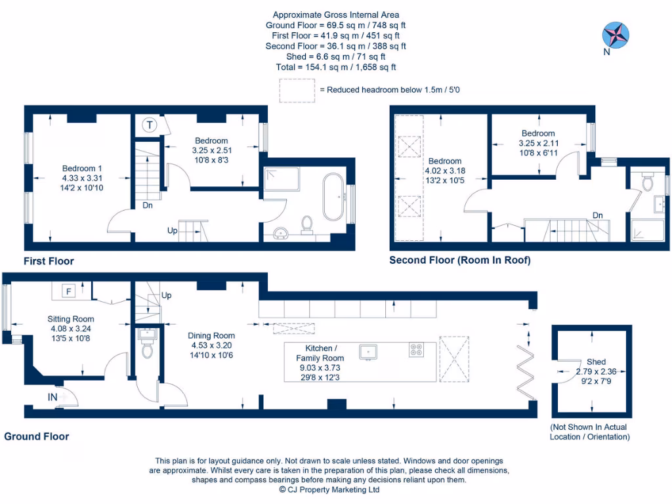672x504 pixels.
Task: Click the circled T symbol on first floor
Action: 150,125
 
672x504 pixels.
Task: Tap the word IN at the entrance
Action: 52,397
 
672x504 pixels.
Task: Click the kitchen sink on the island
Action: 369,352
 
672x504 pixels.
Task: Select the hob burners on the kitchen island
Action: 416,350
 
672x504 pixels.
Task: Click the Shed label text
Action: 596,362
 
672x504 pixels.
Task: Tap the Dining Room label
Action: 211,335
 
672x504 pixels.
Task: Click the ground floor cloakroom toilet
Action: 147,349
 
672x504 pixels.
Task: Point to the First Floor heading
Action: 49,261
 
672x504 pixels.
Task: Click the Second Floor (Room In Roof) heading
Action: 459,261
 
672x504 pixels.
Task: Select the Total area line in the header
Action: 335,67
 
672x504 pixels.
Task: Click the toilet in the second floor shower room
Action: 648,182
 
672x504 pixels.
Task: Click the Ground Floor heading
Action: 37,436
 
